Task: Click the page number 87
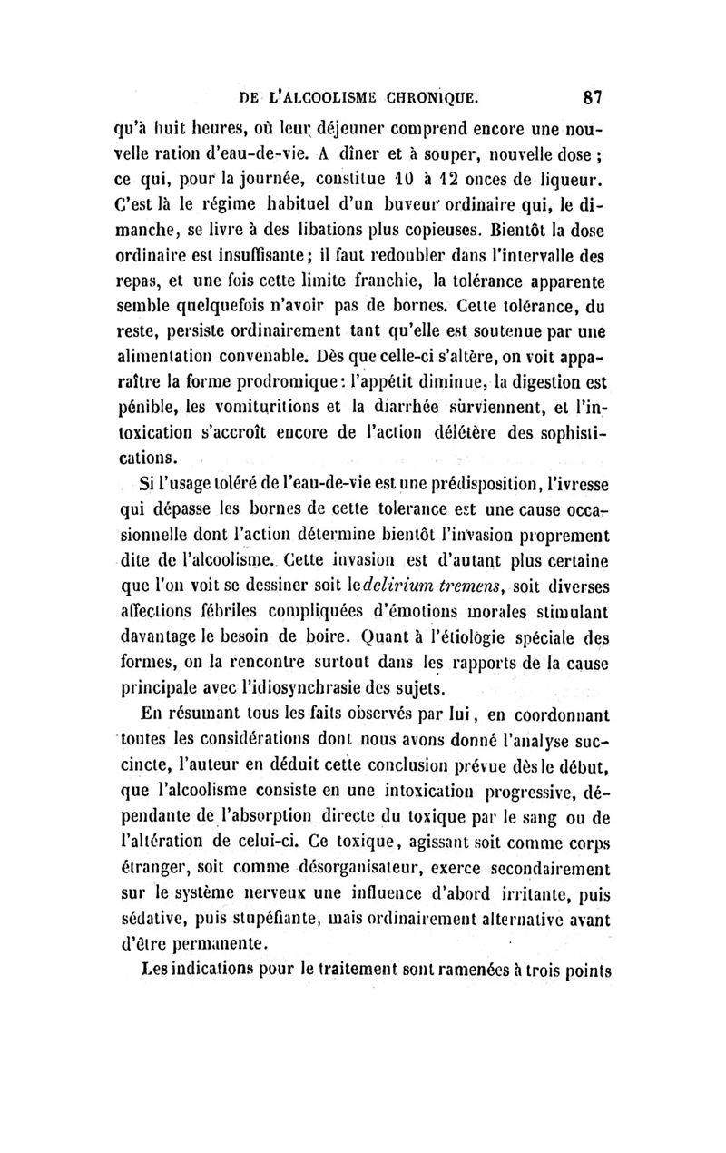pos(594,95)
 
